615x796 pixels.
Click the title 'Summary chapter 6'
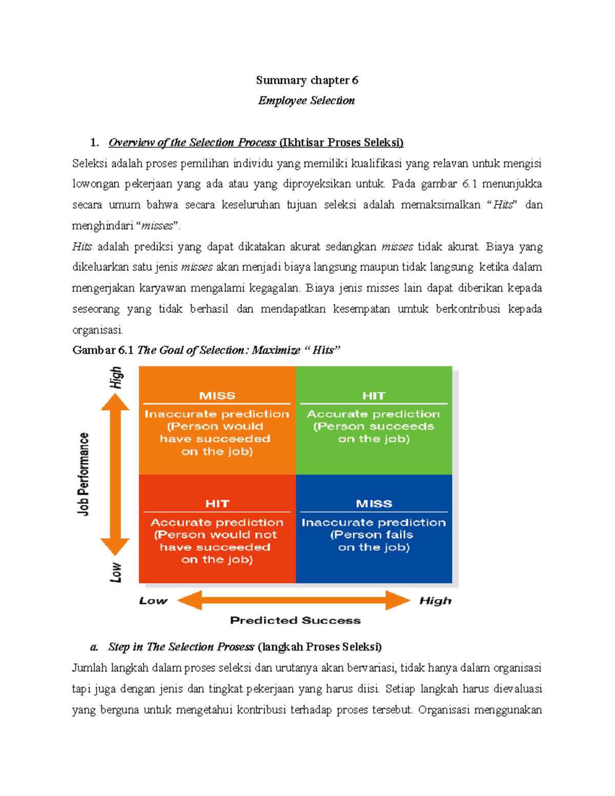[x=307, y=80]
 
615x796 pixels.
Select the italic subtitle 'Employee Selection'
[x=306, y=100]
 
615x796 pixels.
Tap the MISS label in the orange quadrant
[x=217, y=396]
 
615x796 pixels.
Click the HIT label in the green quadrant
[x=374, y=396]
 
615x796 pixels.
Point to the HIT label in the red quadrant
[x=217, y=504]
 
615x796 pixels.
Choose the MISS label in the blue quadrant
[x=374, y=504]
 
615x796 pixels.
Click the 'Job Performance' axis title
[x=84, y=474]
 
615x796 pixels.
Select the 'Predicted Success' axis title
[x=295, y=620]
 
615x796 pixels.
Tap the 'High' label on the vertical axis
[x=116, y=378]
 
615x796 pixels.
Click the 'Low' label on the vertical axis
[x=116, y=572]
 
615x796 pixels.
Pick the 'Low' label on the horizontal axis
[x=153, y=601]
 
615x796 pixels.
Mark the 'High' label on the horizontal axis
[x=435, y=601]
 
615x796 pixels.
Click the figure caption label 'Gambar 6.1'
[x=103, y=350]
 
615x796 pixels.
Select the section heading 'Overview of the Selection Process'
[x=192, y=142]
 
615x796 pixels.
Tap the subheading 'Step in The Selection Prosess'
[x=181, y=647]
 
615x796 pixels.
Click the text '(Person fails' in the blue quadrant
[x=372, y=535]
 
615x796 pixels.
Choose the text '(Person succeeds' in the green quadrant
[x=374, y=426]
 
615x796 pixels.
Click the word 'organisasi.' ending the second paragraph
[x=97, y=330]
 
